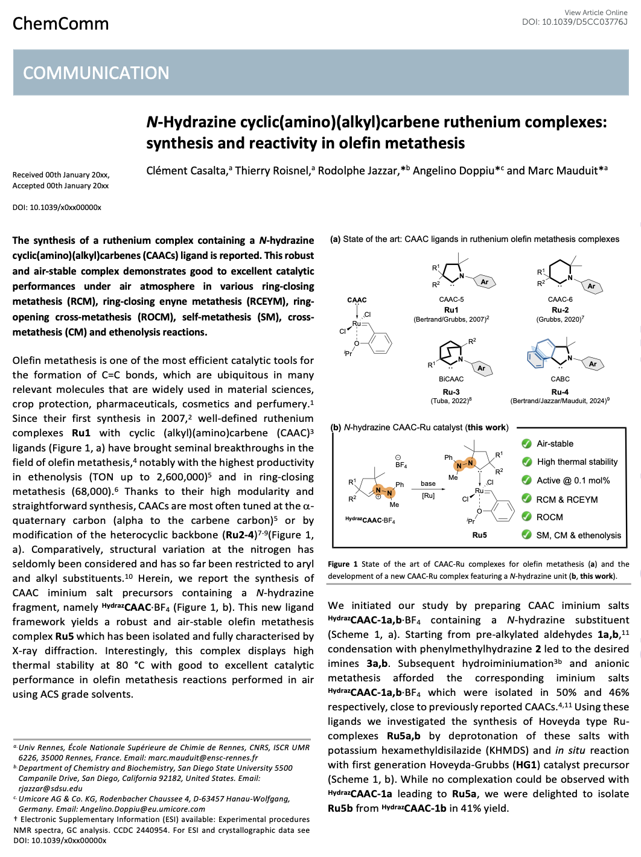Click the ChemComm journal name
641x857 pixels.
pyautogui.click(x=60, y=24)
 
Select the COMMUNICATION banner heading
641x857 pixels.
pyautogui.click(x=96, y=73)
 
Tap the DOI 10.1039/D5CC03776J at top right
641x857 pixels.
pyautogui.click(x=575, y=22)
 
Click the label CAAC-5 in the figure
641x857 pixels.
pyautogui.click(x=451, y=299)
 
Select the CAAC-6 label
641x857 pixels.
pyautogui.click(x=560, y=299)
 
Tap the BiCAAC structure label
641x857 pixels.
pyautogui.click(x=451, y=379)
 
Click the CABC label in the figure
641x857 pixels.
pyautogui.click(x=560, y=379)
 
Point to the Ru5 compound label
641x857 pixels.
pyautogui.click(x=479, y=535)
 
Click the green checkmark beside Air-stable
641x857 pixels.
pyautogui.click(x=526, y=444)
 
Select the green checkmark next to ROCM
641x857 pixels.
pyautogui.click(x=526, y=517)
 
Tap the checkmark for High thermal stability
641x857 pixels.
pyautogui.click(x=526, y=462)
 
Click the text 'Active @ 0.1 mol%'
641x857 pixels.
pyautogui.click(x=573, y=480)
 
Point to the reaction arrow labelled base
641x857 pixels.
pyautogui.click(x=429, y=489)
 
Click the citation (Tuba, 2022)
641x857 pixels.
pyautogui.click(x=451, y=401)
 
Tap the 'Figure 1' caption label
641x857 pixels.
pyautogui.click(x=342, y=564)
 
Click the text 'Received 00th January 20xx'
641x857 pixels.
pyautogui.click(x=61, y=174)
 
